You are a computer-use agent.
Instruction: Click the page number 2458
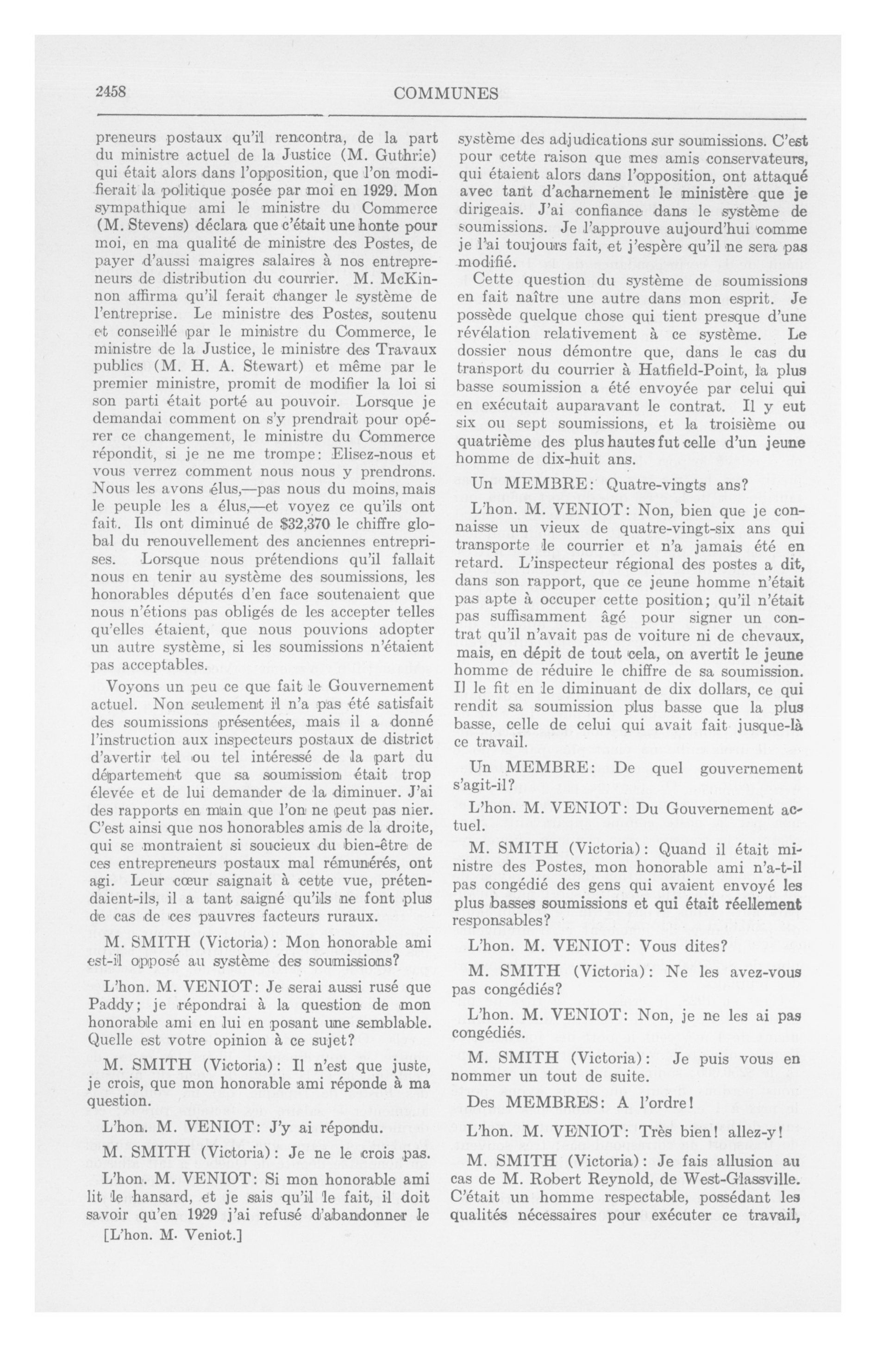pos(110,92)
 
